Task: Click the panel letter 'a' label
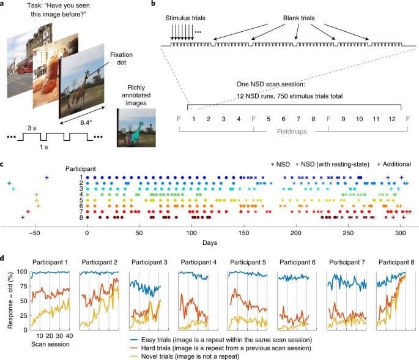4,4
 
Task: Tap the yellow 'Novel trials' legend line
139,355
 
